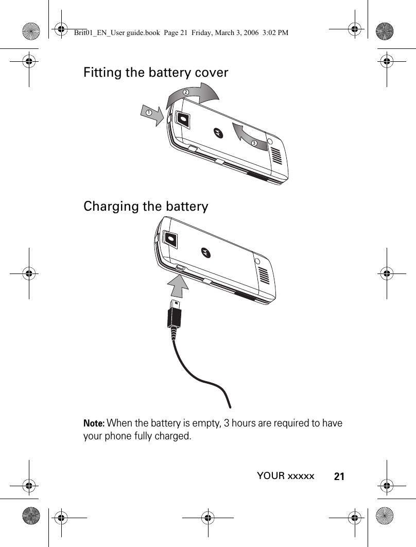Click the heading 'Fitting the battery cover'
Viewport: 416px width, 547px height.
pos(155,73)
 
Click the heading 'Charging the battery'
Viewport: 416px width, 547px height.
pos(146,207)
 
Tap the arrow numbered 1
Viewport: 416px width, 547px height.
pos(153,114)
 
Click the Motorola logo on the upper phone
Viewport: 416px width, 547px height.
pos(218,133)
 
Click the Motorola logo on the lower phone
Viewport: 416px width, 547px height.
pos(205,251)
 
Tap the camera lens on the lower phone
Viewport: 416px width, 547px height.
pos(171,238)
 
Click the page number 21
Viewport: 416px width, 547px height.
pos(339,476)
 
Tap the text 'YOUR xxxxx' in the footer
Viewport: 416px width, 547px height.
pos(285,476)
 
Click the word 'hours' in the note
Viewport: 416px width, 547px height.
pos(247,424)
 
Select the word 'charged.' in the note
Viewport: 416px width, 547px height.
pos(174,436)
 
